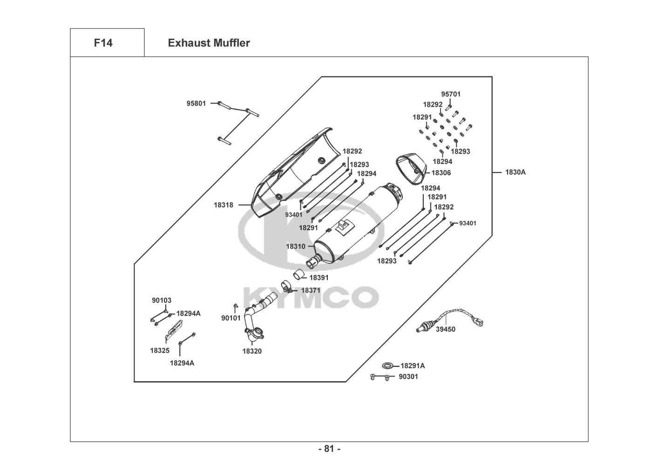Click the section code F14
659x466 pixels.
pyautogui.click(x=103, y=43)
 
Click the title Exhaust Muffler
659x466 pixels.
pyautogui.click(x=209, y=43)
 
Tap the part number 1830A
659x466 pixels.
pyautogui.click(x=515, y=172)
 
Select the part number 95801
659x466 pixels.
pyautogui.click(x=196, y=103)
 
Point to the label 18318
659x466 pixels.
pyautogui.click(x=224, y=205)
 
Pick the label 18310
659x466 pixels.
pyautogui.click(x=295, y=246)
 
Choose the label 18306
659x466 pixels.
pyautogui.click(x=441, y=173)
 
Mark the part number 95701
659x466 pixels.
pyautogui.click(x=450, y=94)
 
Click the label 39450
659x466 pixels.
pyautogui.click(x=446, y=329)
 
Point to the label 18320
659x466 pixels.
pyautogui.click(x=251, y=351)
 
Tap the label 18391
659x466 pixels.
pyautogui.click(x=319, y=278)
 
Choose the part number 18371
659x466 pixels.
pyautogui.click(x=311, y=290)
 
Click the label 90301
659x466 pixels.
pyautogui.click(x=408, y=377)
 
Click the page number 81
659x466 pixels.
pyautogui.click(x=329, y=449)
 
